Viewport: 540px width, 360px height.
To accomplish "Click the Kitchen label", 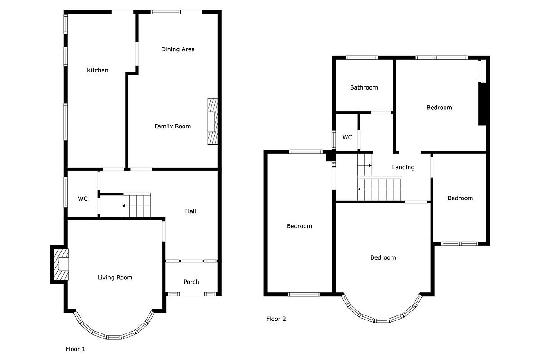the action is pyautogui.click(x=97, y=70).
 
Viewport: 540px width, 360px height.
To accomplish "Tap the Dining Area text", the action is pyautogui.click(x=178, y=49).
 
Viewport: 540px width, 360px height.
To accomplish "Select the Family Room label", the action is pyautogui.click(x=173, y=126).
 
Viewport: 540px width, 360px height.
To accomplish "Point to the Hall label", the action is pyautogui.click(x=190, y=211).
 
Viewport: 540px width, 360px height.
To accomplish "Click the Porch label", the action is pyautogui.click(x=191, y=282).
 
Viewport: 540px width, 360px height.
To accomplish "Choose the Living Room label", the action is pyautogui.click(x=115, y=278).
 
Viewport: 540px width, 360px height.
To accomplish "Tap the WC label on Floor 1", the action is pyautogui.click(x=83, y=199).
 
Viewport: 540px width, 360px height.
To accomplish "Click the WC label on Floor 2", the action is pyautogui.click(x=347, y=137).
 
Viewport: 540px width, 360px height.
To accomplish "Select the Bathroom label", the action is pyautogui.click(x=364, y=88).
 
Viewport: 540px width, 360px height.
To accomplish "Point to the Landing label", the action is pyautogui.click(x=403, y=167).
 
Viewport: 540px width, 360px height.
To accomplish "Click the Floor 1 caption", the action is pyautogui.click(x=75, y=349).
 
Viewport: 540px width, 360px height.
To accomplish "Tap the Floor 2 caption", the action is pyautogui.click(x=276, y=319).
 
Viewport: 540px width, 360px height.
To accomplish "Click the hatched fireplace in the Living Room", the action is pyautogui.click(x=62, y=265).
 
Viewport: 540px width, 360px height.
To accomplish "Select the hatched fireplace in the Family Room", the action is pyautogui.click(x=212, y=121).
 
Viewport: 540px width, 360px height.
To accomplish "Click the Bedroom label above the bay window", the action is pyautogui.click(x=383, y=257).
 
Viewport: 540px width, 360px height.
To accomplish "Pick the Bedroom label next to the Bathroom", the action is pyautogui.click(x=439, y=108).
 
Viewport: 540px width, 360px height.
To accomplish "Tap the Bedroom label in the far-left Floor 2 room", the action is pyautogui.click(x=299, y=226).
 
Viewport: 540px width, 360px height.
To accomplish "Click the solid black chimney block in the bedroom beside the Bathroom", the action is pyautogui.click(x=482, y=104).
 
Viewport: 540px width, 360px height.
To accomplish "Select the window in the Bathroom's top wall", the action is pyautogui.click(x=362, y=58).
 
